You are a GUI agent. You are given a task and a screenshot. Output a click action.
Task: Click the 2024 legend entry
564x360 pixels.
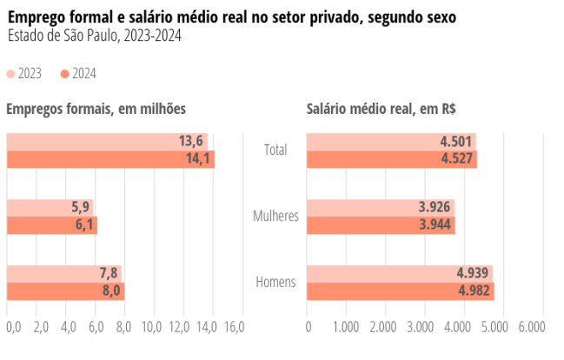(78, 74)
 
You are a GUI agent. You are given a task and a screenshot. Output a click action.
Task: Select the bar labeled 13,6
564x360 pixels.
(106, 142)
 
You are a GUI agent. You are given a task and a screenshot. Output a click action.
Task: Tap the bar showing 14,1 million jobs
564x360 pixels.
(109, 159)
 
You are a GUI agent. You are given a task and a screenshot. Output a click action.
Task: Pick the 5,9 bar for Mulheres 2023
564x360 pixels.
(50, 208)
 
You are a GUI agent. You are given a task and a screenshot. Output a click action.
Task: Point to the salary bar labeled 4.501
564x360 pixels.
(391, 142)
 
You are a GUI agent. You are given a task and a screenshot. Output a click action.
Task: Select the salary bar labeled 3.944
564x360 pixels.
(381, 225)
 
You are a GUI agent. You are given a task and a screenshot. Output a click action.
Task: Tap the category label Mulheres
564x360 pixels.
(275, 217)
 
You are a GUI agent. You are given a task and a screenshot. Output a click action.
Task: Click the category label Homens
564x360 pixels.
(275, 283)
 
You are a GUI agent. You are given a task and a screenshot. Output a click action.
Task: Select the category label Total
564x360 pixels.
(275, 150)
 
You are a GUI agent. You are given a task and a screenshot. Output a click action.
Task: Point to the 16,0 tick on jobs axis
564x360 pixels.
(234, 327)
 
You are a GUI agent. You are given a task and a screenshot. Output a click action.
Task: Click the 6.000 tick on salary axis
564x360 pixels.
(531, 327)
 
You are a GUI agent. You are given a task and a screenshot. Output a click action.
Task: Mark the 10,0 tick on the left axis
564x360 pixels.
(151, 327)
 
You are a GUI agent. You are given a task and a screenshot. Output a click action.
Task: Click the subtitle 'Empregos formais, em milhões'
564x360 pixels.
(96, 109)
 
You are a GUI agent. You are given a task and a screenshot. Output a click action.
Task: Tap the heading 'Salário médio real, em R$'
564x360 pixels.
(382, 109)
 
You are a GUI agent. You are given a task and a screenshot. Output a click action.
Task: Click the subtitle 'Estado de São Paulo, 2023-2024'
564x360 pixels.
(94, 36)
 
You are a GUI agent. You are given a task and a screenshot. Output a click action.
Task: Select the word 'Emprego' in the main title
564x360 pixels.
(36, 17)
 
